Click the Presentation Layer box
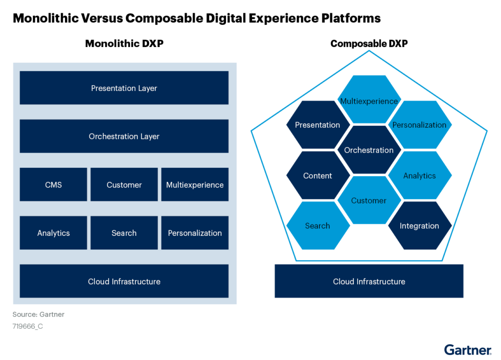(124, 88)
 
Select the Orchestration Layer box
(124, 136)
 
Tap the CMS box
(53, 185)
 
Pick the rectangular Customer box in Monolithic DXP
(124, 185)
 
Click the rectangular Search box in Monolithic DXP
(124, 233)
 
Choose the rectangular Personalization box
(195, 233)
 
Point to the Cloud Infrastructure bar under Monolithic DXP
(124, 281)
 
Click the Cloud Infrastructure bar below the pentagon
(369, 281)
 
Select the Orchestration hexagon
(369, 150)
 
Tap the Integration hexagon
(419, 225)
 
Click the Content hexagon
(318, 176)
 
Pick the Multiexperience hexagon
(369, 101)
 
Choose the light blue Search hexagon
(318, 225)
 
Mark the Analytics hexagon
(419, 176)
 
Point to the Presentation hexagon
(318, 125)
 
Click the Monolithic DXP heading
(124, 44)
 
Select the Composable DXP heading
(369, 44)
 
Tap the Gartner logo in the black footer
(468, 350)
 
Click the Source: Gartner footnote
(38, 315)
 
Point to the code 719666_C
(27, 326)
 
